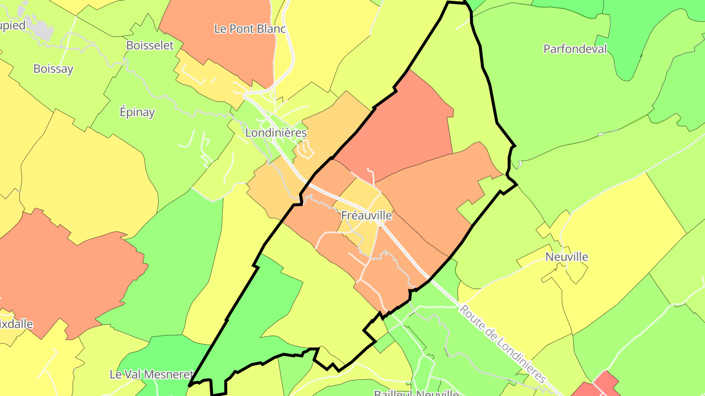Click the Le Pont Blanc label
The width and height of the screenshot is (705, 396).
250,29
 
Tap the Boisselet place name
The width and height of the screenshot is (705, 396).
150,45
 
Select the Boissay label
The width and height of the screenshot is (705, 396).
53,69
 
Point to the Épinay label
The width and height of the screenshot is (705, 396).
137,112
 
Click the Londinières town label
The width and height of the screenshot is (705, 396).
276,133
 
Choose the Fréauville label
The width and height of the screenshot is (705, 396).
367,216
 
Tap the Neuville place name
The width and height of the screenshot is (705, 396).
566,257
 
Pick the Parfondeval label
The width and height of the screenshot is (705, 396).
575,49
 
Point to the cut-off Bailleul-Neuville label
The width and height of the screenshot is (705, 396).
416,393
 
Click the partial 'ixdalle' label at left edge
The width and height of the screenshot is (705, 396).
17,324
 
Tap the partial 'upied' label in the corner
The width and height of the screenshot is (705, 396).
13,25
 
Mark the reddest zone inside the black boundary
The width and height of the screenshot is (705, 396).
397,127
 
